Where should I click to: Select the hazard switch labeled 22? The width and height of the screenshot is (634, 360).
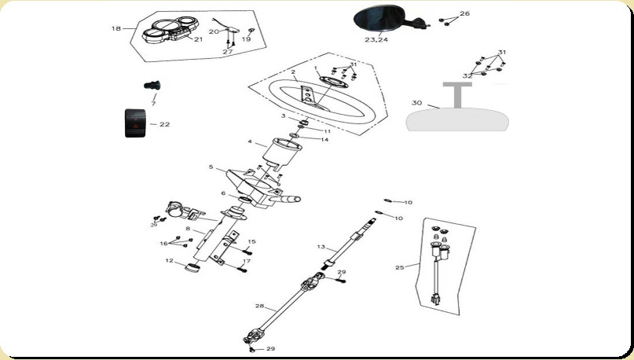click(138, 123)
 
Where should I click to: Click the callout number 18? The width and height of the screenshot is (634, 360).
click(116, 28)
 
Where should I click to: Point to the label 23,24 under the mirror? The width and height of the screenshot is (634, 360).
click(376, 39)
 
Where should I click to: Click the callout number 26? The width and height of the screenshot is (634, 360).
click(464, 14)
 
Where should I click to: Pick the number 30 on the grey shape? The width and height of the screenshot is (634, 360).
click(416, 102)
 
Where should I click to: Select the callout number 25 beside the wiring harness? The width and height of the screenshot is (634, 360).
click(400, 267)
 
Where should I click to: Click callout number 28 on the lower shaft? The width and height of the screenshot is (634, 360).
click(259, 305)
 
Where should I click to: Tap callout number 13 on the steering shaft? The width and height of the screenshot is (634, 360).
click(321, 247)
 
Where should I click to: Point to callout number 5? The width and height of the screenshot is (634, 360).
click(211, 167)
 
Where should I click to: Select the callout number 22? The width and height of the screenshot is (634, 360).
click(164, 124)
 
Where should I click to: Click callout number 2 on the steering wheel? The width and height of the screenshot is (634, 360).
click(292, 72)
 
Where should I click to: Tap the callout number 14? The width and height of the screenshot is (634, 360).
click(324, 139)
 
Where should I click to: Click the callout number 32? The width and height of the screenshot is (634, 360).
click(467, 75)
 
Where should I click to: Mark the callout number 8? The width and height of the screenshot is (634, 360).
click(188, 229)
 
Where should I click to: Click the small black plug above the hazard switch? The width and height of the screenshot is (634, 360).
click(151, 84)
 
